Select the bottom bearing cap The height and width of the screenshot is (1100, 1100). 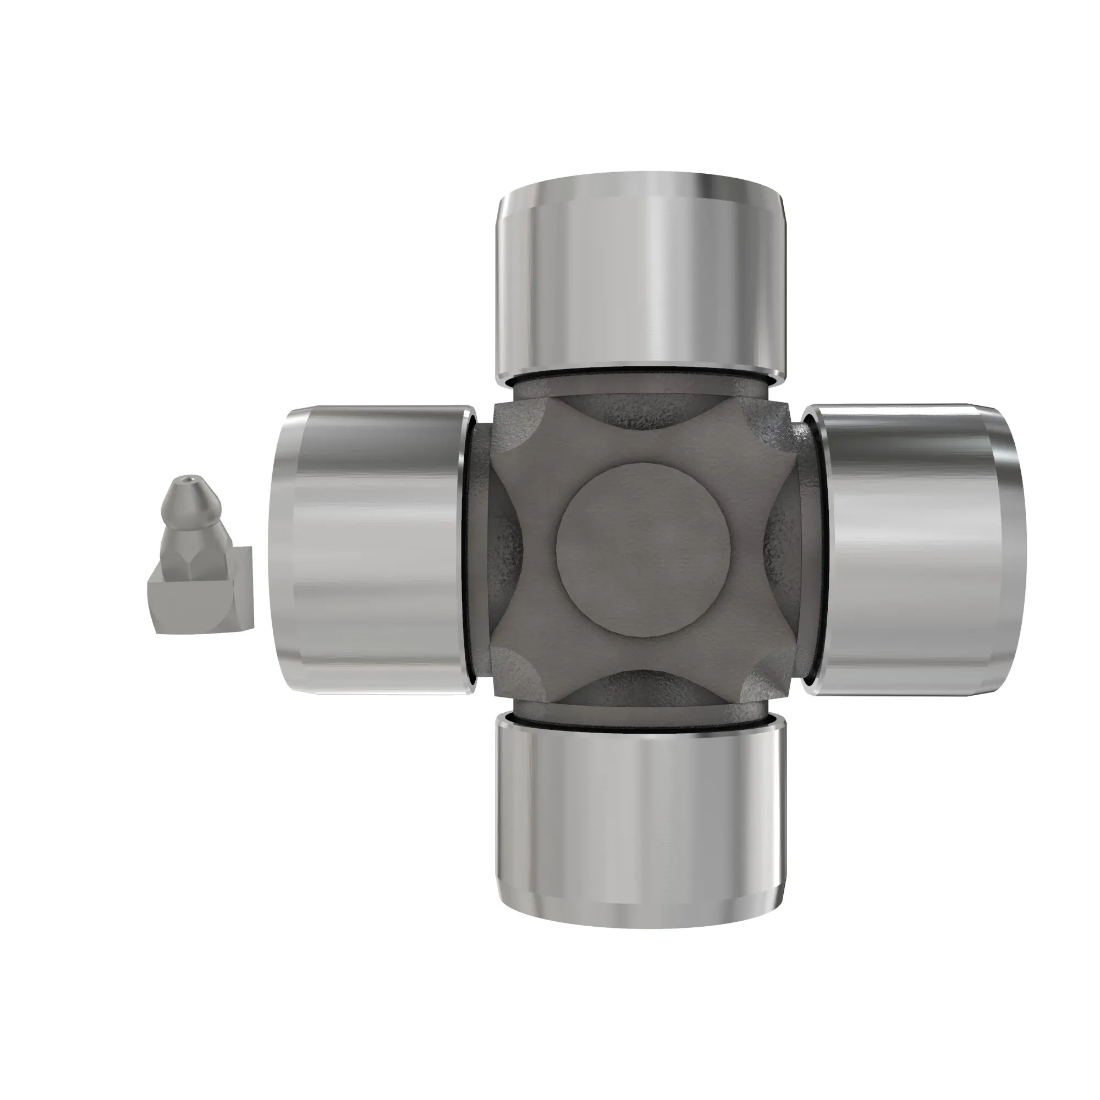click(641, 820)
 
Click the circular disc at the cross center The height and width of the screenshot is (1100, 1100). click(643, 549)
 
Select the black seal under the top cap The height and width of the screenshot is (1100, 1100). click(641, 372)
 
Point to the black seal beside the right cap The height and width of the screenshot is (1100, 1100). click(815, 549)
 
